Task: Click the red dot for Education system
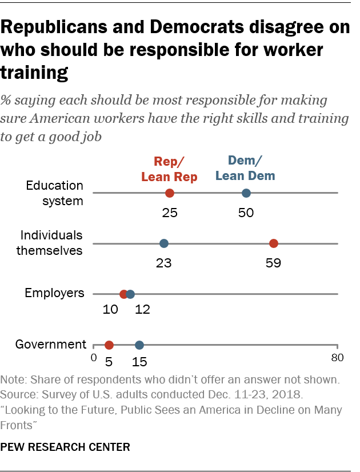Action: pyautogui.click(x=170, y=193)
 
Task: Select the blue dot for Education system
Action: pyautogui.click(x=246, y=193)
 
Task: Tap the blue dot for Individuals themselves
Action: pyautogui.click(x=164, y=243)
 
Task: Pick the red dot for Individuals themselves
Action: pyautogui.click(x=274, y=243)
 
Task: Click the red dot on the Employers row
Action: pyautogui.click(x=123, y=294)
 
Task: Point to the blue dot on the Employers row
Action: pyautogui.click(x=130, y=294)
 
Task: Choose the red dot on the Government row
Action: pyautogui.click(x=109, y=345)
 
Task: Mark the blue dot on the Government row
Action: pyautogui.click(x=139, y=345)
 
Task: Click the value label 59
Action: pyautogui.click(x=273, y=263)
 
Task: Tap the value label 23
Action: pyautogui.click(x=164, y=263)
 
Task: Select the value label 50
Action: pyautogui.click(x=246, y=213)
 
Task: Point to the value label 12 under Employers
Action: pyautogui.click(x=142, y=309)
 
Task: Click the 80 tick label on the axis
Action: pyautogui.click(x=337, y=358)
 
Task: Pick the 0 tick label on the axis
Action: pyautogui.click(x=94, y=358)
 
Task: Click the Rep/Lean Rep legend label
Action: pyautogui.click(x=169, y=169)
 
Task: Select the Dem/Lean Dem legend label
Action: pyautogui.click(x=245, y=168)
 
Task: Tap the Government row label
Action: pyautogui.click(x=50, y=344)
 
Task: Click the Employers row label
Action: pyautogui.click(x=54, y=293)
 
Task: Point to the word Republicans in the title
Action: pyautogui.click(x=54, y=27)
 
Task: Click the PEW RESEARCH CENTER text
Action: pyautogui.click(x=65, y=447)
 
